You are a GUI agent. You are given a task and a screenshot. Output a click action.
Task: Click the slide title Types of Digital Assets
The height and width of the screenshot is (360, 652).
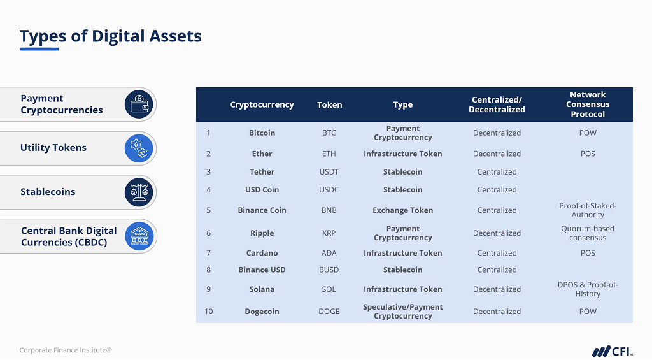click(110, 36)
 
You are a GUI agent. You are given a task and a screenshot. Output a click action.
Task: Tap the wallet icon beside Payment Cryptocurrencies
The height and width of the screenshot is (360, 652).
click(139, 104)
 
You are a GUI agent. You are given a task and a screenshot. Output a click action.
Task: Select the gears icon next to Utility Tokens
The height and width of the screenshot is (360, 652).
click(139, 148)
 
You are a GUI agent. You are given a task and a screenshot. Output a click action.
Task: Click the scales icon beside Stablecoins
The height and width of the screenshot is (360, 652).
click(139, 192)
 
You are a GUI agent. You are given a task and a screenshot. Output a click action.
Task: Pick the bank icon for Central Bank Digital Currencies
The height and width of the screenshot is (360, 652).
click(139, 236)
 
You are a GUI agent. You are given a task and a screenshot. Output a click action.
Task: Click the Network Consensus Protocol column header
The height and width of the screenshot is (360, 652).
click(588, 104)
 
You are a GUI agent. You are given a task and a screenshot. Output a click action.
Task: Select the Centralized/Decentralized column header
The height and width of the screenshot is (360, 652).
click(497, 104)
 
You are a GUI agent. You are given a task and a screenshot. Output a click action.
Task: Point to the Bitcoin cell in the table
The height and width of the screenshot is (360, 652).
click(262, 133)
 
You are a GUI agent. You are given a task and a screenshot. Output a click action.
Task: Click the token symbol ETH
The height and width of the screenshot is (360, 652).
click(329, 154)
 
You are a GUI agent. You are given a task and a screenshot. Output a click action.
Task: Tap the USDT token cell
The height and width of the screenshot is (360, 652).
click(329, 172)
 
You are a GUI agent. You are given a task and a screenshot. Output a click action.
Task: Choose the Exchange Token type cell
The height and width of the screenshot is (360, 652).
click(402, 210)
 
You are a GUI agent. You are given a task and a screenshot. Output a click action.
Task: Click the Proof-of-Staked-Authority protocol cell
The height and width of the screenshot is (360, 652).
click(588, 210)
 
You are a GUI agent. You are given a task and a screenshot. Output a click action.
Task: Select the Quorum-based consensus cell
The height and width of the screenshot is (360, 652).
click(588, 233)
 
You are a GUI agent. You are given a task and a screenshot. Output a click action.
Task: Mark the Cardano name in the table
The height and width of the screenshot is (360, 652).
click(262, 253)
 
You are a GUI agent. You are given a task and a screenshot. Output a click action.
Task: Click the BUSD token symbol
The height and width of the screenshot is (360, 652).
click(329, 270)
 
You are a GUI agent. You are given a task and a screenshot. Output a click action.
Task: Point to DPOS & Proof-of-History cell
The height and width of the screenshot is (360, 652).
click(588, 289)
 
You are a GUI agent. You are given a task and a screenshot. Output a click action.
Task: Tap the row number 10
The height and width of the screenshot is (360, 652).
click(208, 312)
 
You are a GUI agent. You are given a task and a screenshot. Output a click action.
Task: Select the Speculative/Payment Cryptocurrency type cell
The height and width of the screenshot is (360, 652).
click(402, 312)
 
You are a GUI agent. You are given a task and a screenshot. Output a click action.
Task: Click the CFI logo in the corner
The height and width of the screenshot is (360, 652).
click(612, 351)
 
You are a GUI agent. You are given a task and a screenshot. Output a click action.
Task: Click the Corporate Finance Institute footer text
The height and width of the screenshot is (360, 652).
click(66, 350)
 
